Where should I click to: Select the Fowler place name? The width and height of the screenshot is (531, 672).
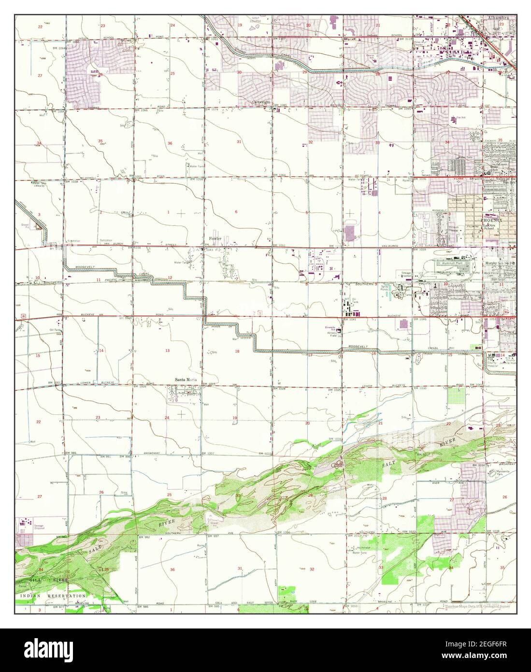[215, 238]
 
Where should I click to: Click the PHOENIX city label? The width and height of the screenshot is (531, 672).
[491, 220]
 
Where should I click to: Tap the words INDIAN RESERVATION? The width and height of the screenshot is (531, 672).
[53, 596]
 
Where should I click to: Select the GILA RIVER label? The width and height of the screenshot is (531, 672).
[41, 579]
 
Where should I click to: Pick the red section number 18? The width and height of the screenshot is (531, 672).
[237, 351]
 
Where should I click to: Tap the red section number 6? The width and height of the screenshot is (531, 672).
[236, 212]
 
